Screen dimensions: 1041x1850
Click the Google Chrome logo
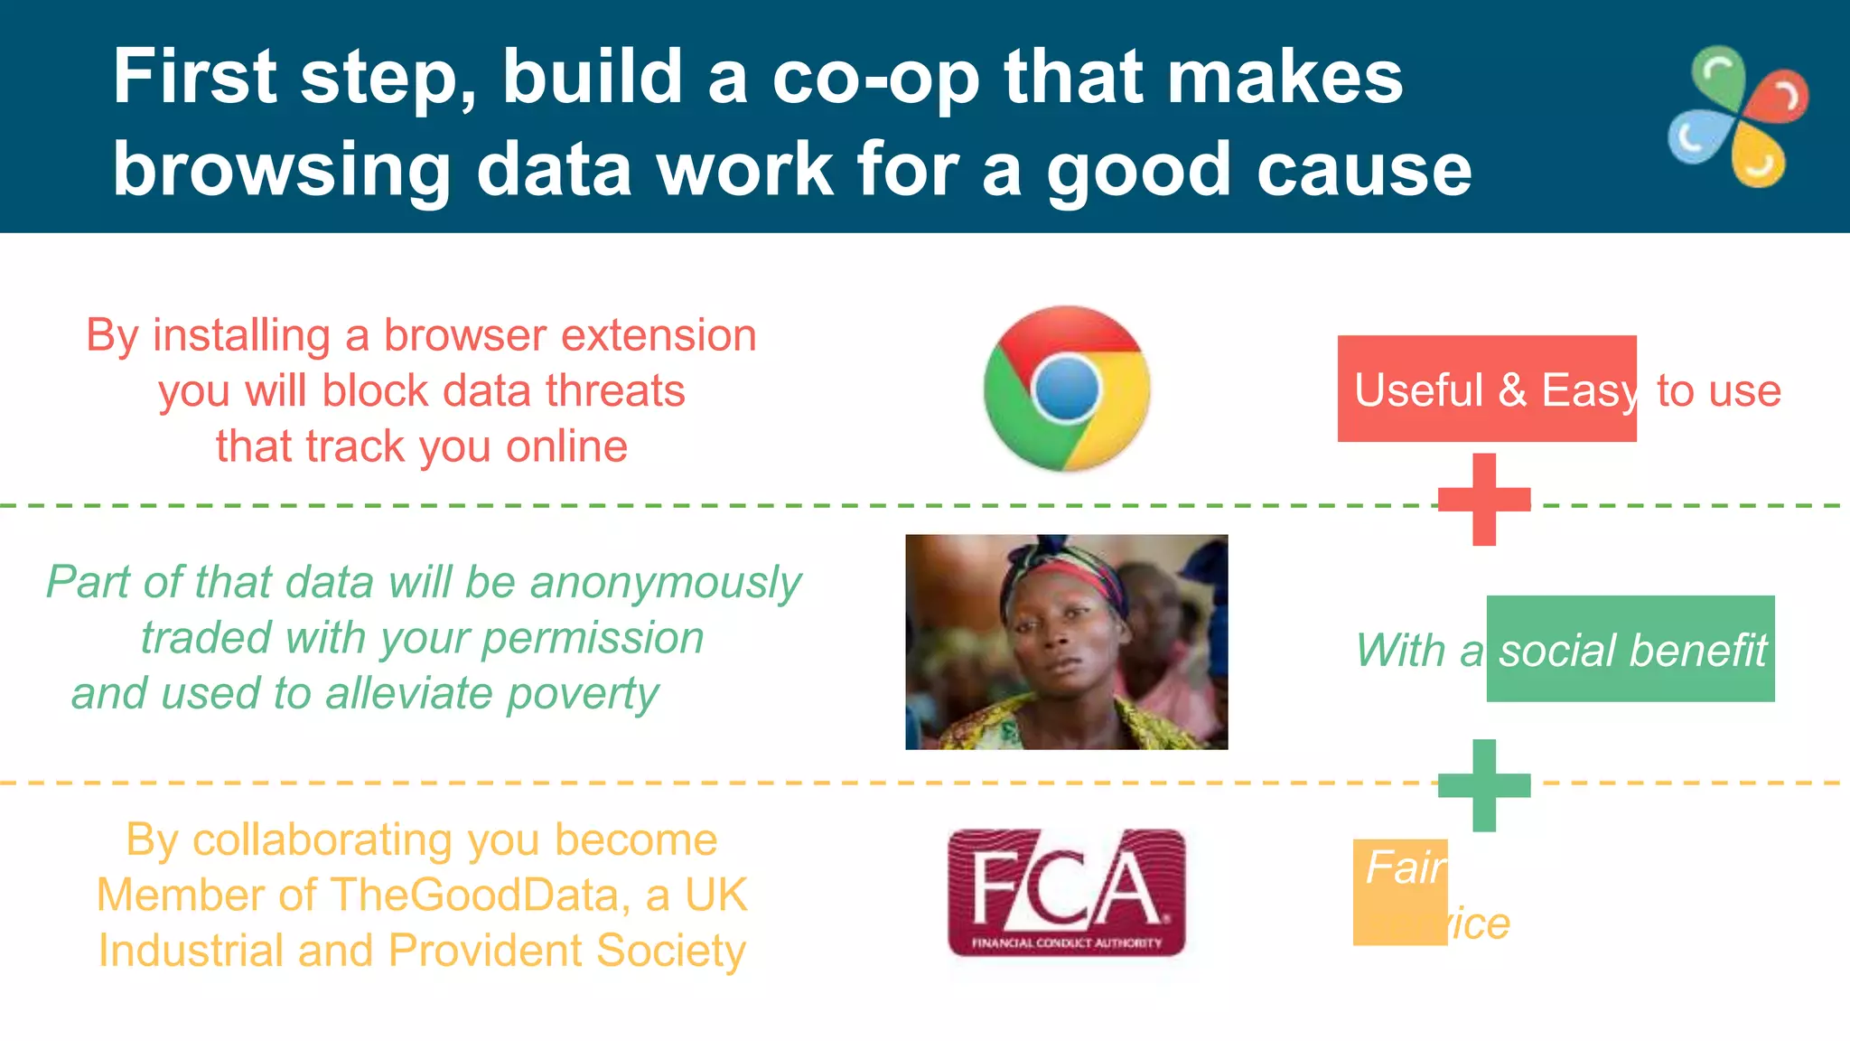pos(1067,389)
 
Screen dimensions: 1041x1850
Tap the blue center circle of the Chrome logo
pos(1067,389)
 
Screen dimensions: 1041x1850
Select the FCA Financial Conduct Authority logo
pos(1066,893)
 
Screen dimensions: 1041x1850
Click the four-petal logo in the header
pos(1737,117)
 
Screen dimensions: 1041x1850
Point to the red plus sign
pos(1484,500)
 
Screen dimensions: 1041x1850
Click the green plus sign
pos(1484,785)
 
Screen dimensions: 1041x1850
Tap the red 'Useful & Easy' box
pos(1486,389)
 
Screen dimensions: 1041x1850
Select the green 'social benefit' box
pos(1630,649)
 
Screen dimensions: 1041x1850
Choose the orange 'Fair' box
pos(1400,892)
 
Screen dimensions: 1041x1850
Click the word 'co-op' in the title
pos(875,78)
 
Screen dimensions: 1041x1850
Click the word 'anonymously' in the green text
pos(666,583)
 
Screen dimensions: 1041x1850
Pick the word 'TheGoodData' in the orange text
pos(475,896)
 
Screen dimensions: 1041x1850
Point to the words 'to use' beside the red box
pos(1718,390)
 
